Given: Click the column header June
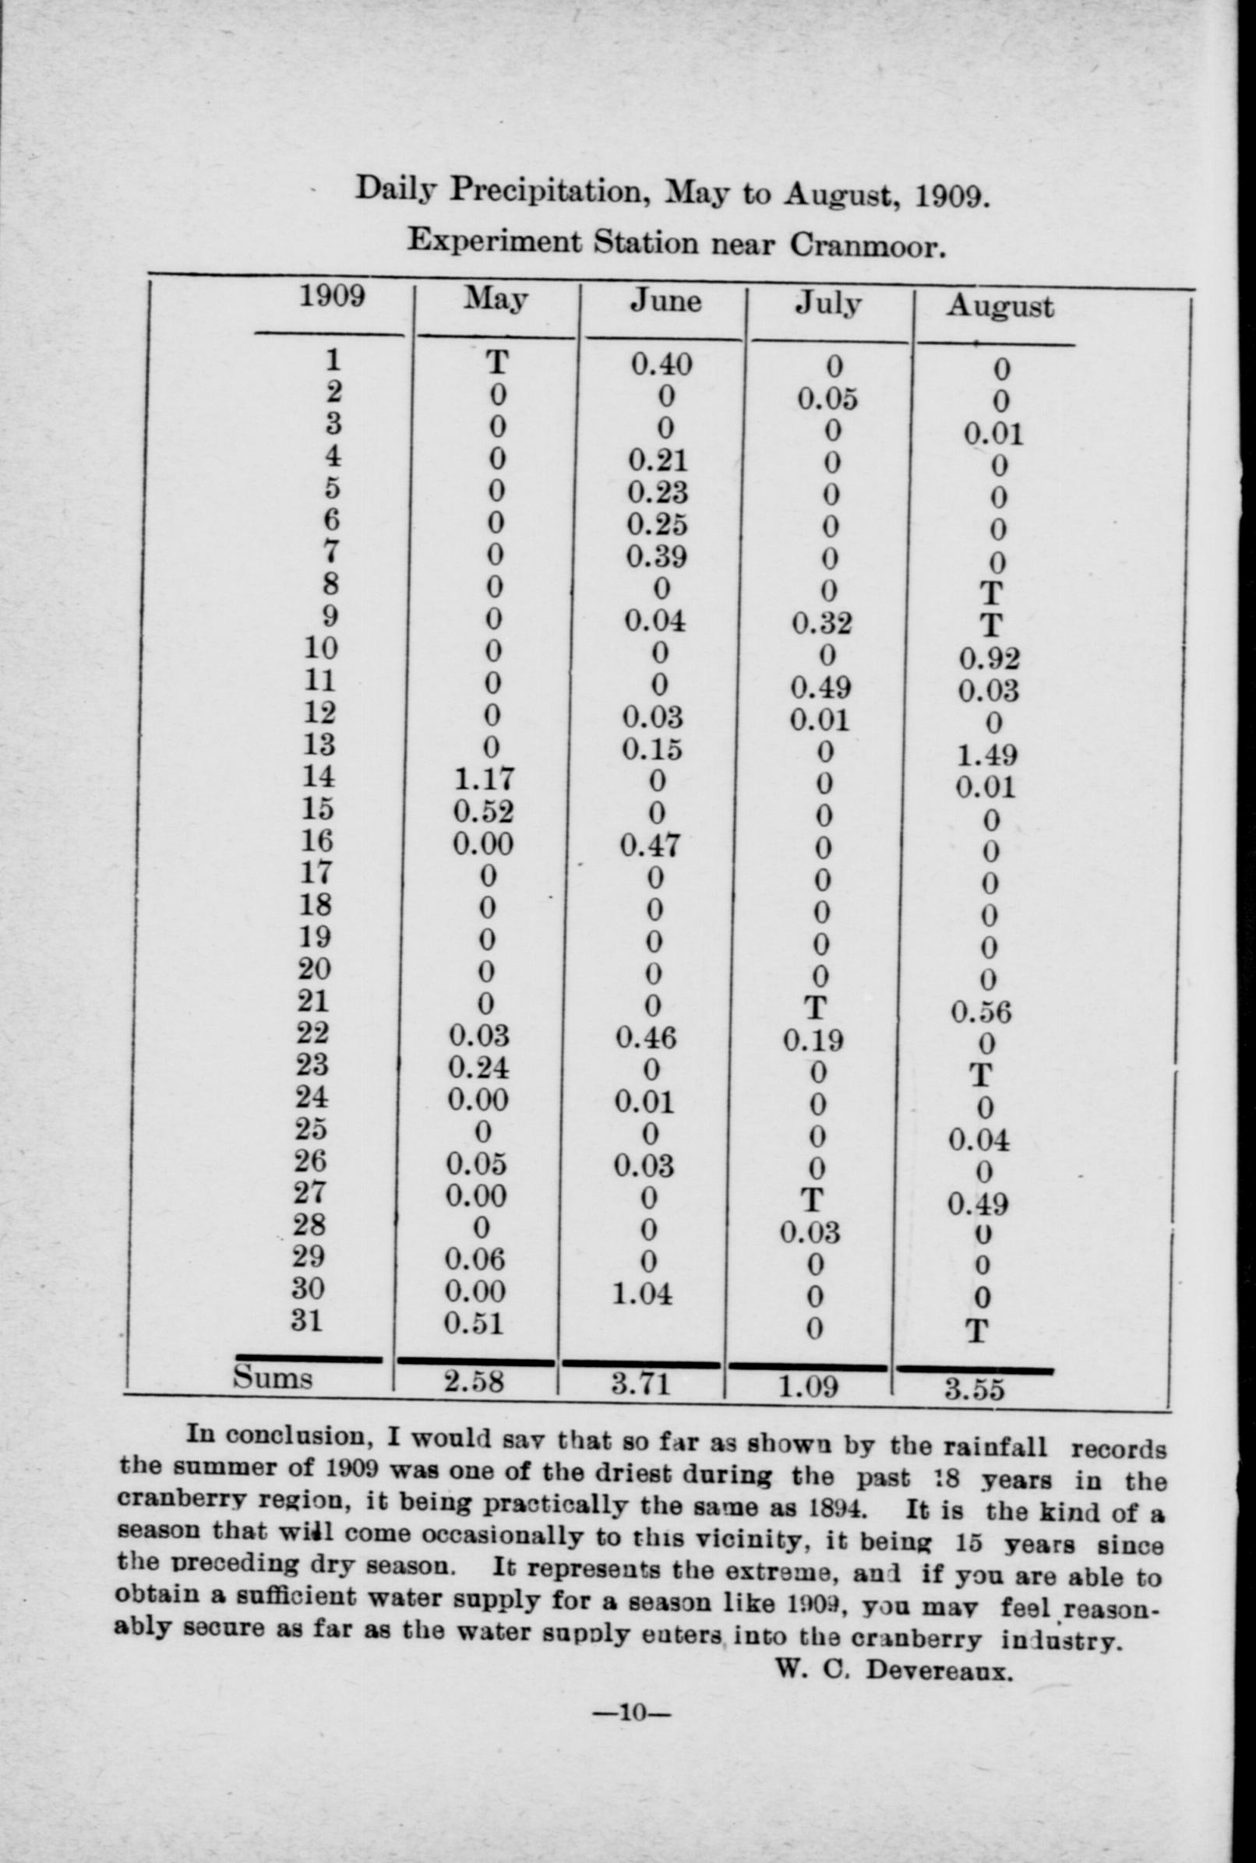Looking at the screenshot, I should tap(665, 301).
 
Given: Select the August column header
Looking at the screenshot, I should tap(999, 307).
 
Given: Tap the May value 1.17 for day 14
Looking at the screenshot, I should tap(484, 778).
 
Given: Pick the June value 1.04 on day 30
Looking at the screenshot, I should tap(641, 1294).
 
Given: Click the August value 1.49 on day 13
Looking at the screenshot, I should tap(988, 755).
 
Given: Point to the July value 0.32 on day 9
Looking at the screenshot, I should tap(821, 623).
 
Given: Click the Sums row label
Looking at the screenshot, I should tap(273, 1377).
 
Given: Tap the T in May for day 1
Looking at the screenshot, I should tap(496, 363).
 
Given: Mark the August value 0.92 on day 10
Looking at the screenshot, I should tap(990, 658).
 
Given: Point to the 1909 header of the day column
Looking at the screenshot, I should tap(332, 296).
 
